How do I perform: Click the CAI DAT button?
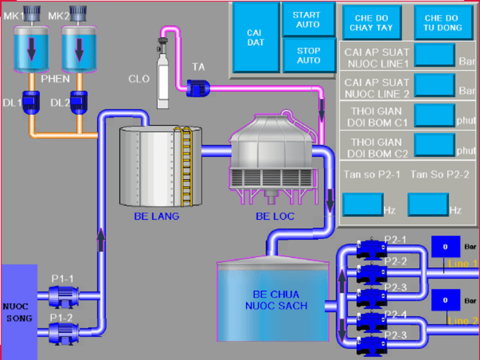coord(255,37)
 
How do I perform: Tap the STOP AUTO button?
coord(308,55)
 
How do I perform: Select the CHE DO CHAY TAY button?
coord(372,23)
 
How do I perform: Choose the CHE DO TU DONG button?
coord(443,23)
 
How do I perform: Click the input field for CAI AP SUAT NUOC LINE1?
coord(434,55)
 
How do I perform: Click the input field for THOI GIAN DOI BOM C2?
coord(434,145)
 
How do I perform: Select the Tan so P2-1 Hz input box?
coord(362,204)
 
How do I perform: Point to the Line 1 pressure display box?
coord(445,247)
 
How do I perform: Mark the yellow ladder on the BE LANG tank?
coord(186,166)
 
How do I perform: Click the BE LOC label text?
coord(275,216)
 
